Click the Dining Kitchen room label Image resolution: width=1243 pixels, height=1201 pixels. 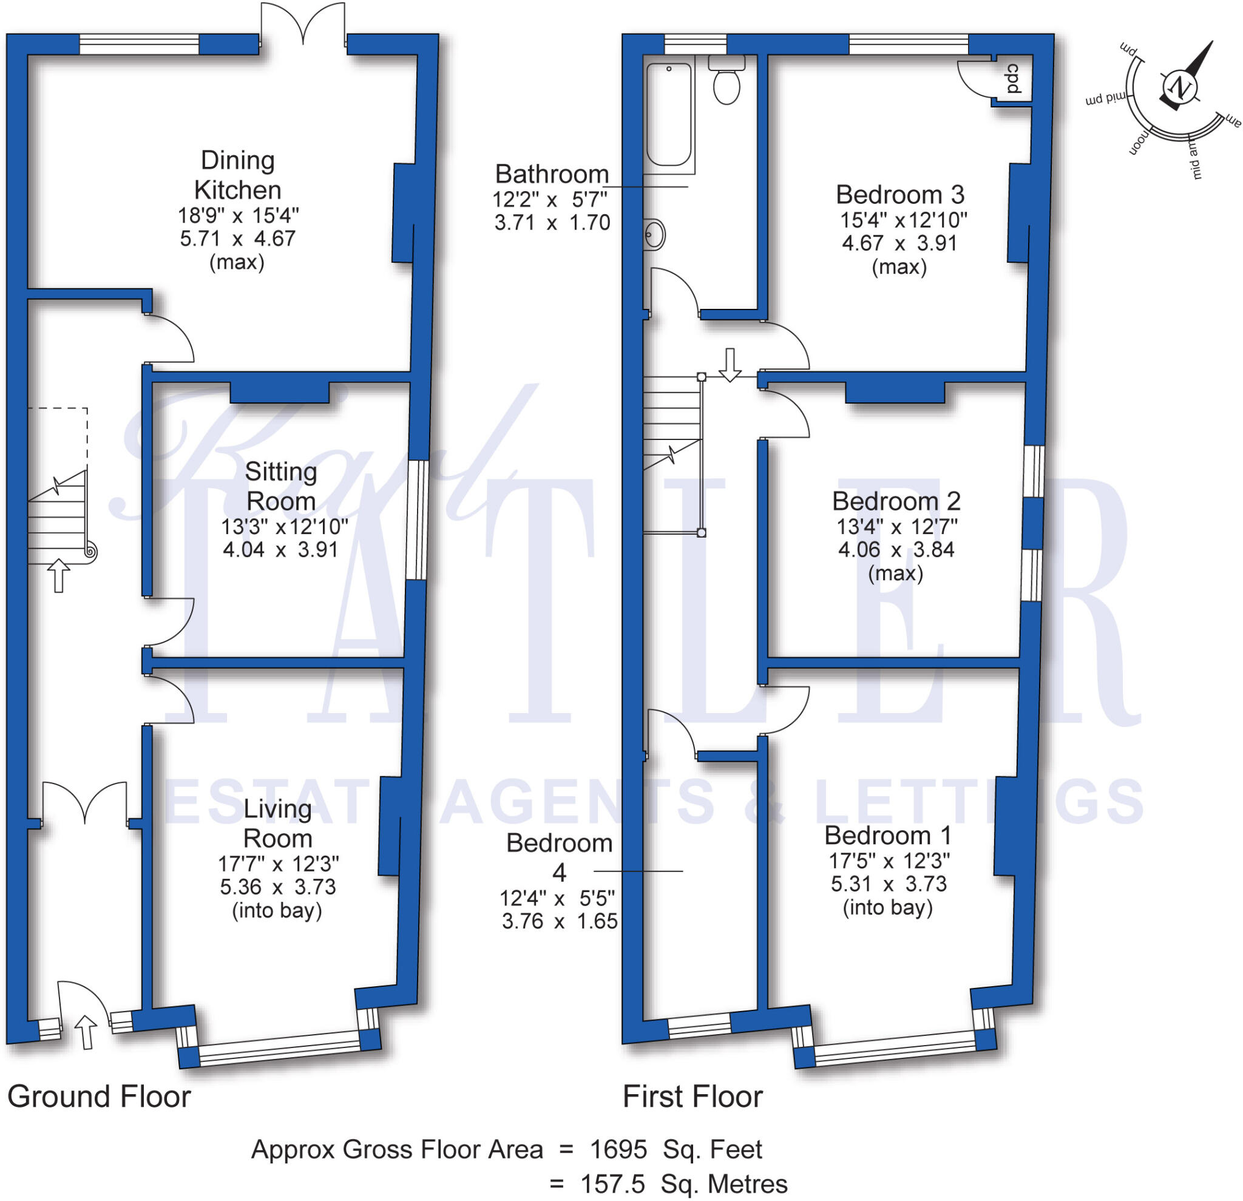[x=238, y=175]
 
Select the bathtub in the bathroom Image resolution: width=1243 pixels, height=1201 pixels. [x=668, y=114]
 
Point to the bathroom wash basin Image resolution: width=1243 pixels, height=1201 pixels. [x=654, y=235]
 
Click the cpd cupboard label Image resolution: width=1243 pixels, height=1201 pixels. [x=1013, y=79]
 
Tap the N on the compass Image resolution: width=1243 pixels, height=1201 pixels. [x=1180, y=87]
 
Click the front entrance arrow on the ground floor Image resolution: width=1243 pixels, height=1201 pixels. [x=86, y=1032]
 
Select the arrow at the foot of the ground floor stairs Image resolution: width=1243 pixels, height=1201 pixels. [x=59, y=575]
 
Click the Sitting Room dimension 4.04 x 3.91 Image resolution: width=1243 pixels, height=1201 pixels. [x=280, y=550]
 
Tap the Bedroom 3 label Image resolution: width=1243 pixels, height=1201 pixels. [x=899, y=195]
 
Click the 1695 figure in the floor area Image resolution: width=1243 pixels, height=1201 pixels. [x=618, y=1149]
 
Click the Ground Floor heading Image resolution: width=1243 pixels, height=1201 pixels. [x=99, y=1097]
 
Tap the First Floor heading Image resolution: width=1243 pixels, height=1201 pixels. [x=693, y=1097]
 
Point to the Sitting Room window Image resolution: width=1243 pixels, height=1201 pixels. [x=418, y=520]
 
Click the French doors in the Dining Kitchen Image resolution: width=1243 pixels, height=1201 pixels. [x=303, y=25]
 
